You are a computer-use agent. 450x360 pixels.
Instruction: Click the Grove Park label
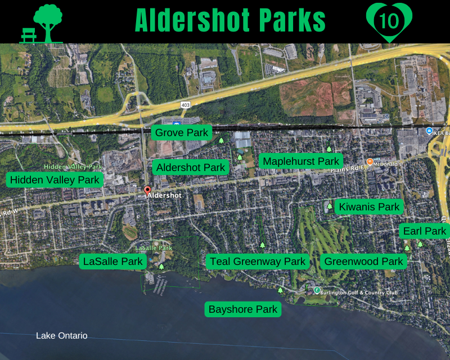(x=182, y=133)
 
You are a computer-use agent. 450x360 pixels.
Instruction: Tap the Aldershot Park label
(x=191, y=168)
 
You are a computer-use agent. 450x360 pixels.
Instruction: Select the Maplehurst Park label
(x=301, y=161)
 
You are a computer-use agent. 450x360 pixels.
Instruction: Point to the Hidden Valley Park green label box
(x=55, y=180)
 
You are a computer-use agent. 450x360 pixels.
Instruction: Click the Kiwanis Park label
(x=369, y=207)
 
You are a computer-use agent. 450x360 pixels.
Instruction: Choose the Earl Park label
(x=424, y=231)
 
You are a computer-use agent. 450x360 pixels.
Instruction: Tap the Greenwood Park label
(x=364, y=262)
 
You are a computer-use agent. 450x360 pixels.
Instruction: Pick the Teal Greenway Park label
(x=258, y=262)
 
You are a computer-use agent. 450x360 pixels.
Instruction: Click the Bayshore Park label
(x=242, y=309)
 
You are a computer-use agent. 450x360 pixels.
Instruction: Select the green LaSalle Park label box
(x=112, y=261)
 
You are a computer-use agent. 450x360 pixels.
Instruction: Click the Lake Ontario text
(x=62, y=336)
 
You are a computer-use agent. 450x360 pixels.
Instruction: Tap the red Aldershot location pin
(x=147, y=191)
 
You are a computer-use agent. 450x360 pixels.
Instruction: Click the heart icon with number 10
(x=389, y=21)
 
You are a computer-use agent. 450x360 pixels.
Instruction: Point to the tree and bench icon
(x=42, y=24)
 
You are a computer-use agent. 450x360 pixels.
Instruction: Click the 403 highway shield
(x=185, y=105)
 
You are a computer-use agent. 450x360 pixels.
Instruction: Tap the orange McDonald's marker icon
(x=370, y=162)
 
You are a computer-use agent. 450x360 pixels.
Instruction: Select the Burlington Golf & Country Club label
(x=359, y=292)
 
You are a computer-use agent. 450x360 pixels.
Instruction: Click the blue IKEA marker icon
(x=429, y=131)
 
